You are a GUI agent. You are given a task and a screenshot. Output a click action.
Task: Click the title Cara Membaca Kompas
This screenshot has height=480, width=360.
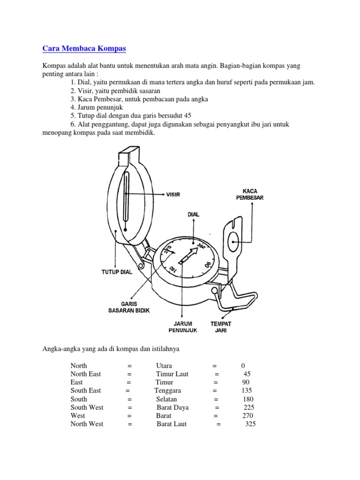[x=84, y=48]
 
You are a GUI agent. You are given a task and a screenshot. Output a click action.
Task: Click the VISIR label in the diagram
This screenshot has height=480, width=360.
[x=173, y=194]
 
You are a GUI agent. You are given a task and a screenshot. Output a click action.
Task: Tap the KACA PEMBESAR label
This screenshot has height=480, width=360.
[x=249, y=194]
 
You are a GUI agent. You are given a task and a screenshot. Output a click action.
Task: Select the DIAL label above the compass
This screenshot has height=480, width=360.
[x=193, y=214]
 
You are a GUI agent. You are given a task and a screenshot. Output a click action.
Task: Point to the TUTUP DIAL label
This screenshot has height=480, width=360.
[x=117, y=272]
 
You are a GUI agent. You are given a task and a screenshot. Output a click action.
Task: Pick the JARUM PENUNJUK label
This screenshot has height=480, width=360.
[x=183, y=327]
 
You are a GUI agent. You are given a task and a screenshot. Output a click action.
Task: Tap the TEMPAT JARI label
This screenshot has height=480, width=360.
[x=221, y=327]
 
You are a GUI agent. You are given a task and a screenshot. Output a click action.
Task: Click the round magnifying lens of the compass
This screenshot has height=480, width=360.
[x=234, y=243]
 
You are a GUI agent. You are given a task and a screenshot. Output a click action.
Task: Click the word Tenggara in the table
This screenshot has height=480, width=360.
[x=168, y=390]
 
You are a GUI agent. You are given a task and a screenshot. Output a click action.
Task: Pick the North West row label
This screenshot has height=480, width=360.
[x=87, y=424]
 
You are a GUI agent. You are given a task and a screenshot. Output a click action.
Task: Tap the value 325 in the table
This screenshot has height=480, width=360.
[x=251, y=424]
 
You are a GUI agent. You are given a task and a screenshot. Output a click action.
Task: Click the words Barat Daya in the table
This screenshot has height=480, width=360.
[x=172, y=407]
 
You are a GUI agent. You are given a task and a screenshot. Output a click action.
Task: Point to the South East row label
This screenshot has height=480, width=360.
[x=86, y=390]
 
